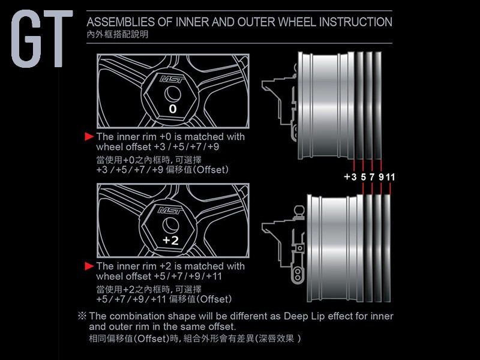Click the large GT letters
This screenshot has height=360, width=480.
click(x=42, y=38)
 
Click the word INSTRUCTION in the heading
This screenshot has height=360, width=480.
click(x=355, y=22)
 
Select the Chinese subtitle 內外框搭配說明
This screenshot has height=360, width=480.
click(x=118, y=34)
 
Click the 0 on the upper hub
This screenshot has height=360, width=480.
click(x=173, y=109)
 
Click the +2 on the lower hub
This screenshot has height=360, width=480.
click(x=171, y=241)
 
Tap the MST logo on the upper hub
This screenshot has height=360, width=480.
click(x=172, y=80)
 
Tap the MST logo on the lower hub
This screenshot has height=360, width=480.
click(x=170, y=211)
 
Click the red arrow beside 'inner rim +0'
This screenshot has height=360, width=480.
click(x=89, y=137)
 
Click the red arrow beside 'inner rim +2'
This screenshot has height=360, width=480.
click(x=89, y=266)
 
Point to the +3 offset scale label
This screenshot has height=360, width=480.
click(x=350, y=177)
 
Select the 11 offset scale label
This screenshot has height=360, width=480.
click(x=391, y=177)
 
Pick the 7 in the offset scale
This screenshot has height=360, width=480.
click(x=372, y=177)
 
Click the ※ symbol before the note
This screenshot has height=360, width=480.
click(x=82, y=316)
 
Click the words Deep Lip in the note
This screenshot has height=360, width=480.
click(x=296, y=317)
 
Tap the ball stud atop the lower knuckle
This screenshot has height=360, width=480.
click(x=299, y=211)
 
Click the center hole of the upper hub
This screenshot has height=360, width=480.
click(x=172, y=94)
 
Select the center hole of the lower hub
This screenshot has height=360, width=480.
click(x=170, y=226)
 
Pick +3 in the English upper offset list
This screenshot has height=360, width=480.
click(x=160, y=147)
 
